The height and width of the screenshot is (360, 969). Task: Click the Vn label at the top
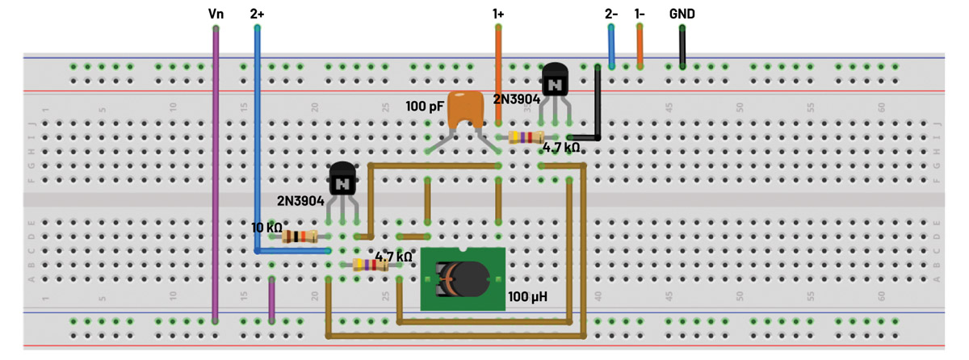(216, 14)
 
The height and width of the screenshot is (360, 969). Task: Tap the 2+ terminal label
(257, 14)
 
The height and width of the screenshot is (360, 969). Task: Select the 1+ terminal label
(498, 14)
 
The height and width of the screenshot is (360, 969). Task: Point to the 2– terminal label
(611, 14)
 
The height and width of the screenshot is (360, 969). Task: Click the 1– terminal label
(640, 14)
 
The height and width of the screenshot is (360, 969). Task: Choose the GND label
(682, 14)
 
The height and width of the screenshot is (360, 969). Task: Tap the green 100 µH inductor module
(463, 278)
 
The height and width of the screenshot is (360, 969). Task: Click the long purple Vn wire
(216, 178)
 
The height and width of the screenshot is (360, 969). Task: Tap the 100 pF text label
(426, 105)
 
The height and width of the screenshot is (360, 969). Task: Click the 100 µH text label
(527, 297)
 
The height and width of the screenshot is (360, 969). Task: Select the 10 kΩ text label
(266, 228)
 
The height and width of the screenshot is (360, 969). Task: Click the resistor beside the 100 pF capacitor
(527, 138)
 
